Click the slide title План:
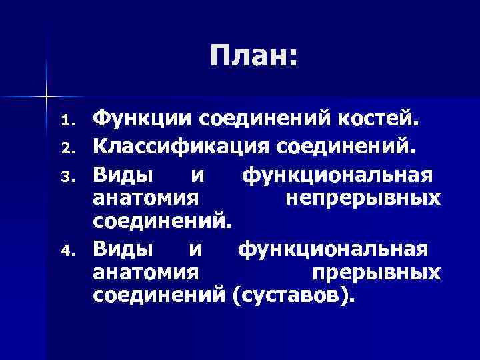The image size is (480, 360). click(x=253, y=57)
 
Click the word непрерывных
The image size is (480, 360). click(x=362, y=197)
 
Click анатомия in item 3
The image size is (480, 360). click(x=146, y=197)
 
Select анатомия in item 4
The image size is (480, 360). click(x=146, y=273)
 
